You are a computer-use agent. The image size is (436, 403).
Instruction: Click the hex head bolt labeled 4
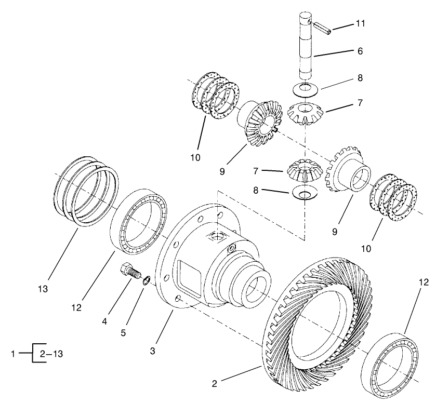point(130,273)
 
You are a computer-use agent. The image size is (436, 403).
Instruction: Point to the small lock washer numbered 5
point(147,281)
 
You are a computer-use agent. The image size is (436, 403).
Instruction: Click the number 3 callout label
point(153,352)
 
